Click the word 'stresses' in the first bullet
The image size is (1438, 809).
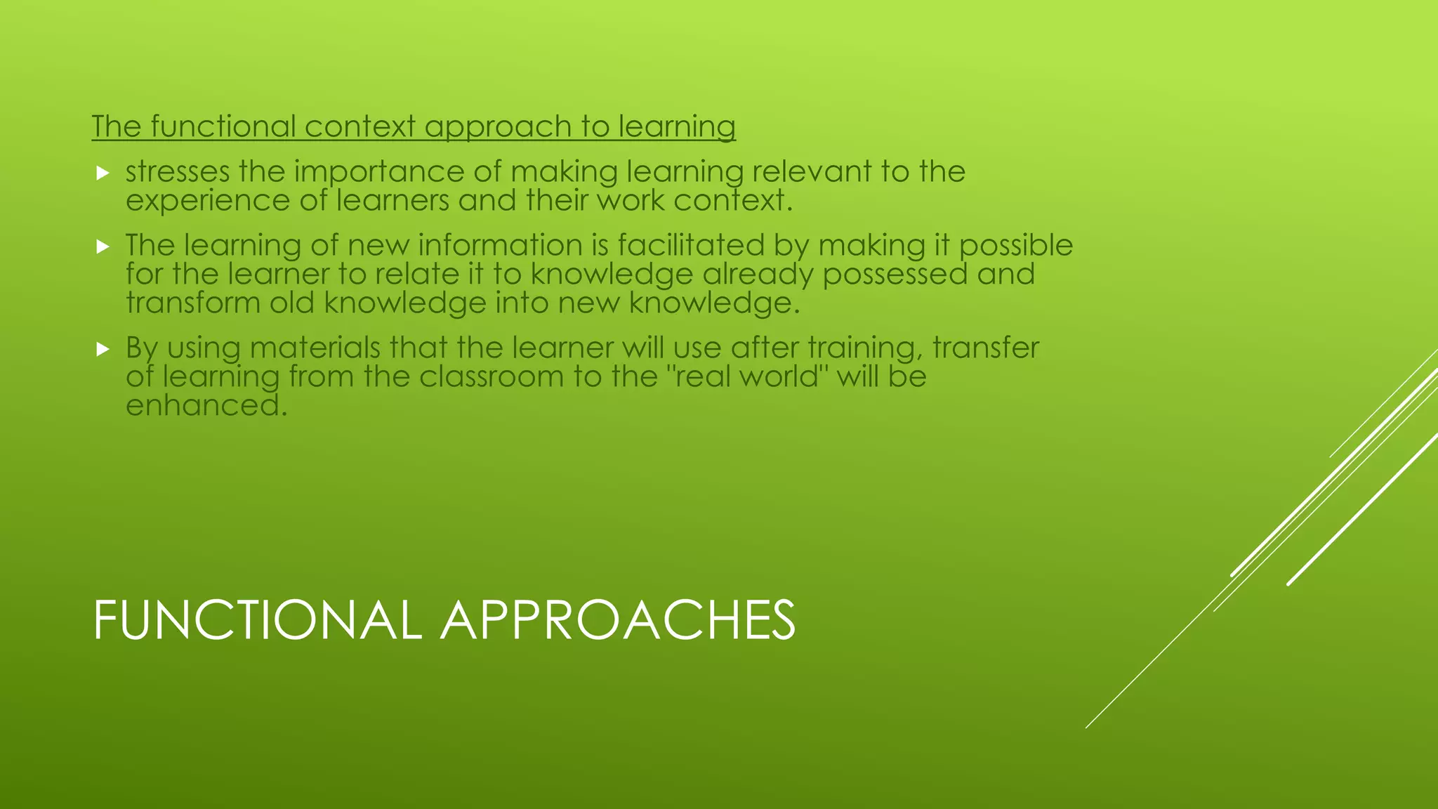(178, 172)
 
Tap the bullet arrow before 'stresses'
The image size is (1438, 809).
(103, 173)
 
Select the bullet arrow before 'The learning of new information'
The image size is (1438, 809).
(103, 246)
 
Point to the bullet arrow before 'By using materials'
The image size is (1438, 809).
(103, 349)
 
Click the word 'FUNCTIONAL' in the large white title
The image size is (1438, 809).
(257, 621)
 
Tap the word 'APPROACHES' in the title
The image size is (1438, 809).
(618, 621)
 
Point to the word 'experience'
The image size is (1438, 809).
(208, 202)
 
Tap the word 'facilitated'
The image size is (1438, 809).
(691, 246)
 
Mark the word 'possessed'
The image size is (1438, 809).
(895, 275)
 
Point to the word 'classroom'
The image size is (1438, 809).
(491, 377)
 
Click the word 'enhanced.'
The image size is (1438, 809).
(206, 406)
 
